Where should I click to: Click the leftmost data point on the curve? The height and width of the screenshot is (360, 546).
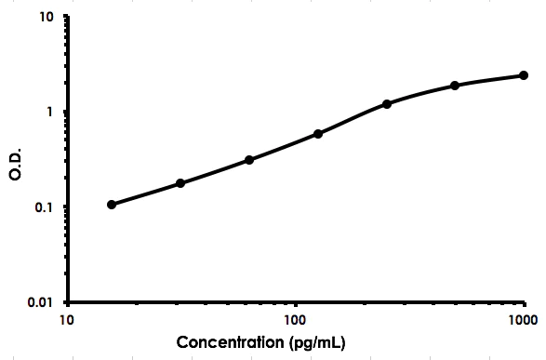click(112, 204)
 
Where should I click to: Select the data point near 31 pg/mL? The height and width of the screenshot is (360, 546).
click(180, 183)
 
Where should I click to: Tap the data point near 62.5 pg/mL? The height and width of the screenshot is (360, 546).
click(249, 160)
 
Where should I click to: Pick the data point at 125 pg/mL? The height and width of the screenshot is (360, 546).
click(318, 134)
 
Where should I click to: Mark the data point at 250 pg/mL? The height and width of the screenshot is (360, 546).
click(387, 104)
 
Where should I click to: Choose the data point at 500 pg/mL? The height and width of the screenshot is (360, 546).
click(455, 86)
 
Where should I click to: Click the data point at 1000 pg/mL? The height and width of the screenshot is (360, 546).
click(524, 75)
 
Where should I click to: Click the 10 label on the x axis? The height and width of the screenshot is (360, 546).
click(68, 320)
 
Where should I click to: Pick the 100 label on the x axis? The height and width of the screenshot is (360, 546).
click(296, 320)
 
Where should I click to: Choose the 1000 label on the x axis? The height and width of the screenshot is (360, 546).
click(522, 320)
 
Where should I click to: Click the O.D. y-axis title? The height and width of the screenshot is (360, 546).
click(16, 160)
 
